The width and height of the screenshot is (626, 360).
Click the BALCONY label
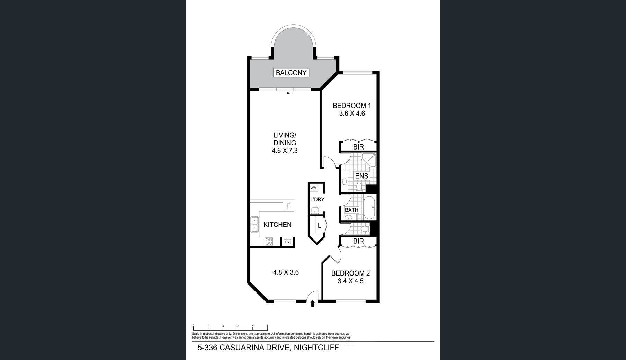pyautogui.click(x=291, y=73)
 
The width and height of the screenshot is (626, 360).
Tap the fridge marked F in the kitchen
pyautogui.click(x=288, y=206)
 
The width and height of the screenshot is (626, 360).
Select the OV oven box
pyautogui.click(x=287, y=242)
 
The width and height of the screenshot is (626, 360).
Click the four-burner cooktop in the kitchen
pyautogui.click(x=269, y=241)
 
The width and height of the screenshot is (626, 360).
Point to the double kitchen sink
pyautogui.click(x=255, y=224)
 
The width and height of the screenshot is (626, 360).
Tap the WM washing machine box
pyautogui.click(x=314, y=188)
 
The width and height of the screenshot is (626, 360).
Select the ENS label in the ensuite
pyautogui.click(x=362, y=176)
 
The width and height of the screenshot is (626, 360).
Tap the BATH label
pyautogui.click(x=352, y=210)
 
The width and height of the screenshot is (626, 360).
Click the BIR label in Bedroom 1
pyautogui.click(x=358, y=147)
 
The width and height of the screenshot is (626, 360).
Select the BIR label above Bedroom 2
pyautogui.click(x=358, y=241)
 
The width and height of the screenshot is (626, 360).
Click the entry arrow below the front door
pyautogui.click(x=313, y=304)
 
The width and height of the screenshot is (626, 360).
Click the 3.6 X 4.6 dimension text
pyautogui.click(x=352, y=114)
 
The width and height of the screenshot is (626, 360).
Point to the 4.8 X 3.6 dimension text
pyautogui.click(x=286, y=272)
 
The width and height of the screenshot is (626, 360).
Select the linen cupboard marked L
pyautogui.click(x=320, y=226)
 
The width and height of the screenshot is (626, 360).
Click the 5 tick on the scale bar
pyautogui.click(x=268, y=326)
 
